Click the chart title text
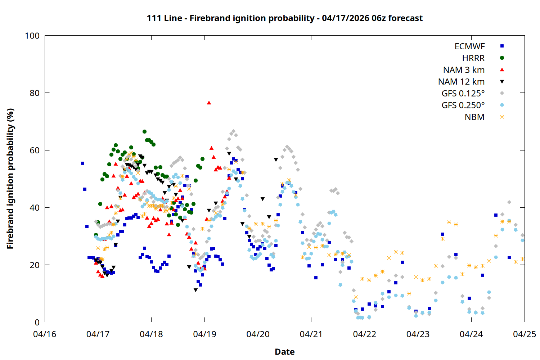tap(284, 18)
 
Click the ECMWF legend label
tap(469, 46)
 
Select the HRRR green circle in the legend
tap(502, 58)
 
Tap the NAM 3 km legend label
tap(464, 70)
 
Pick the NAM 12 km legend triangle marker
tap(502, 82)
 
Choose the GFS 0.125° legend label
tap(463, 94)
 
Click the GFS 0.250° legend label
tap(463, 105)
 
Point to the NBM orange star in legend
tap(502, 117)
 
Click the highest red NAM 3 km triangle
tap(209, 103)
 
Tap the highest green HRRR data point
tap(144, 132)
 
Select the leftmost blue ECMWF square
tap(82, 163)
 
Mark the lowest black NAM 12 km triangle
tap(195, 290)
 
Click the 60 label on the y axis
tap(35, 150)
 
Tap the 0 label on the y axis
tap(37, 322)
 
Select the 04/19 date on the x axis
tap(204, 334)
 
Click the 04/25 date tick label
tap(524, 334)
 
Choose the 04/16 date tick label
tap(45, 334)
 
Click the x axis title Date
tap(284, 352)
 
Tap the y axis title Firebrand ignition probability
tap(10, 179)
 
